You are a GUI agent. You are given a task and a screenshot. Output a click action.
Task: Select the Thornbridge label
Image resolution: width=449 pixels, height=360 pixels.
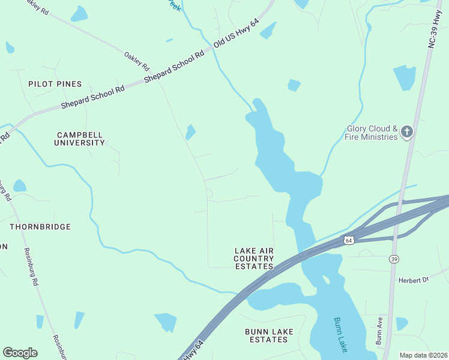pos(40,227)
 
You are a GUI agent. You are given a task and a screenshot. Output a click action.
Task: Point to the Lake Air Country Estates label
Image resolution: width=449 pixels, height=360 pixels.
pos(253,258)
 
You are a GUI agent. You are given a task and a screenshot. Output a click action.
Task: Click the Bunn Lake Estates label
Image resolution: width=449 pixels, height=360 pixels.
pos(267,335)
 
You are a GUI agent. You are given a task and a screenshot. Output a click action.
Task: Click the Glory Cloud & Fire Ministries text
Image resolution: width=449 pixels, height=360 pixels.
pos(372,133)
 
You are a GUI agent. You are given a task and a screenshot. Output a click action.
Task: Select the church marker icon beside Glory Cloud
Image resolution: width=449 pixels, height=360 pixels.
pos(408,132)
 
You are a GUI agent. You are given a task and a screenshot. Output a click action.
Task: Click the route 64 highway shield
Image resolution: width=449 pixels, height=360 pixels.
pos(349,240)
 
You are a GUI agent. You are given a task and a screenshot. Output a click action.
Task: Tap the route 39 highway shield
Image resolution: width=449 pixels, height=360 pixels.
pos(394,259)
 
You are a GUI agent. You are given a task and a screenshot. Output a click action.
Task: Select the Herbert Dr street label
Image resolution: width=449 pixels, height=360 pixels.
pos(414,280)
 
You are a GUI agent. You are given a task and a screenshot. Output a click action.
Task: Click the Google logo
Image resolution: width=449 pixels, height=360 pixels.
pos(20,353)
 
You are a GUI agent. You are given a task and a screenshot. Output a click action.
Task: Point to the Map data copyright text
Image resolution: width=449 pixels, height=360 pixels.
pos(423,355)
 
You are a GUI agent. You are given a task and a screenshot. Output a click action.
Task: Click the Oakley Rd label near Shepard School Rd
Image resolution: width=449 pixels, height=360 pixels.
pos(136,59)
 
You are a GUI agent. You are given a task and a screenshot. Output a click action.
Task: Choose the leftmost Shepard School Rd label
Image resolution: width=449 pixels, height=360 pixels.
pos(92,97)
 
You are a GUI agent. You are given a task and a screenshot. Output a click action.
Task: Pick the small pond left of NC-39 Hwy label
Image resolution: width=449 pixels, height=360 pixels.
pos(405,77)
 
